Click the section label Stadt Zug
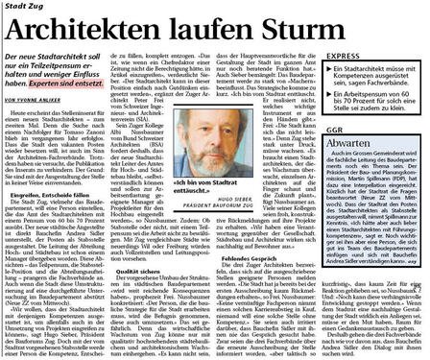coord(21,7)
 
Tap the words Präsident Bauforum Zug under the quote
coord(232,227)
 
